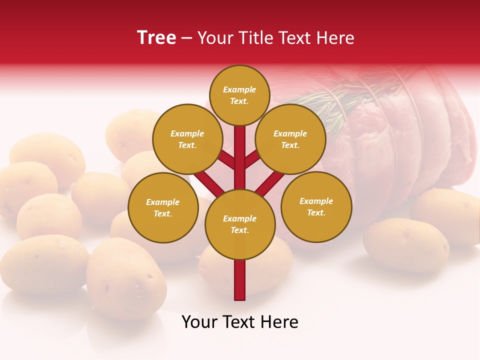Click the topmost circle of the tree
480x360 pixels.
point(239,95)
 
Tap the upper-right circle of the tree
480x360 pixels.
point(290,139)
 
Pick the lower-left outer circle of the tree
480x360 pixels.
point(163,207)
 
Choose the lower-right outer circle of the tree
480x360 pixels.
point(316,206)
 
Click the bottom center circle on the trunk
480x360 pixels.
point(240,224)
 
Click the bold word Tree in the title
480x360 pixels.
point(156,37)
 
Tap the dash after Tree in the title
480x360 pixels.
point(187,38)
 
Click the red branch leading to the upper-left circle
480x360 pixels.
point(226,159)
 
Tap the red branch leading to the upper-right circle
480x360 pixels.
point(253,159)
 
